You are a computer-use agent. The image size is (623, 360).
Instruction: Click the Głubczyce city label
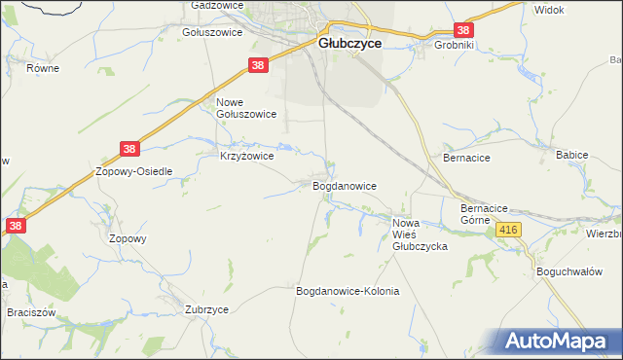click(x=350, y=44)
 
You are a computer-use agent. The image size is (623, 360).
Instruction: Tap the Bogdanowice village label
click(x=344, y=185)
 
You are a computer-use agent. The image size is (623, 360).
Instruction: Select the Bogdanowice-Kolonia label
click(x=348, y=291)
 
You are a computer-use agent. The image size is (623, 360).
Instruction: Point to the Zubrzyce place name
click(x=206, y=309)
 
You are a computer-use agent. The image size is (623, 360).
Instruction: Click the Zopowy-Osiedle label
click(x=133, y=171)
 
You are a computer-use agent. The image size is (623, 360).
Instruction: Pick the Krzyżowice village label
click(x=246, y=156)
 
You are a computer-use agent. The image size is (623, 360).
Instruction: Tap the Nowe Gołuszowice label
click(x=246, y=108)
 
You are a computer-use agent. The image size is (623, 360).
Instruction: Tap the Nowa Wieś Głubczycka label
click(x=420, y=235)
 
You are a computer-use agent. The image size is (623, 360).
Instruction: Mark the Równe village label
click(x=44, y=68)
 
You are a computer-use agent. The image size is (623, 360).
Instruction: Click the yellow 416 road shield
click(x=509, y=230)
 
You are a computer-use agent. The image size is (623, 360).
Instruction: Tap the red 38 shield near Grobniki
click(x=464, y=30)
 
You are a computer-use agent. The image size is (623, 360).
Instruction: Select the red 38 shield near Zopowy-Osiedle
click(x=130, y=149)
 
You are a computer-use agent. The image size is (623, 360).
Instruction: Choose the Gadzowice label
click(x=216, y=5)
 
